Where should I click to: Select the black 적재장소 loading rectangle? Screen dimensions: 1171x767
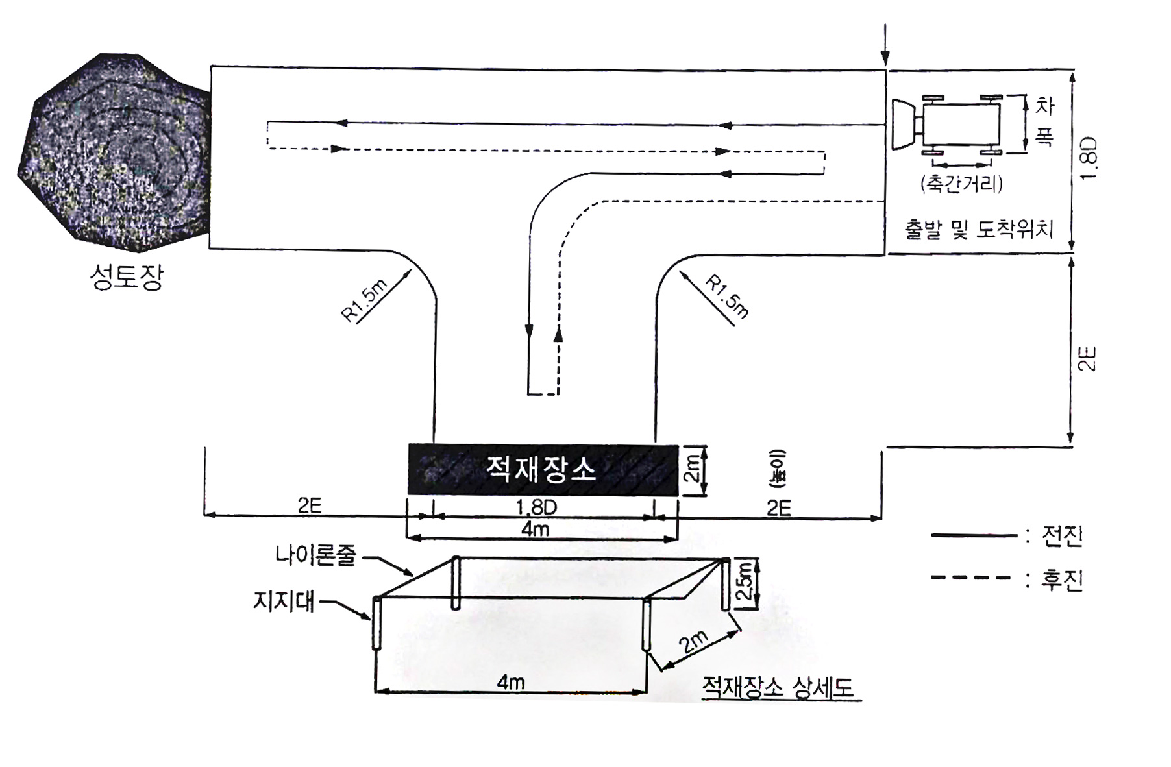coord(543,470)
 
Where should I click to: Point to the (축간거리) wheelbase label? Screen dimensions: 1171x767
coord(961,184)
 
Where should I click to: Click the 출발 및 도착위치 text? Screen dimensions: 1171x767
coord(979,229)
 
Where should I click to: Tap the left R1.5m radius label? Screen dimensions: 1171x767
coord(364,299)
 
